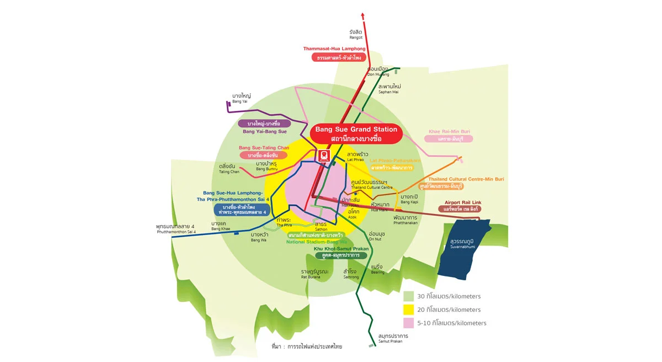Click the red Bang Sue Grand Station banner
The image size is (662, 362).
pos(356,134)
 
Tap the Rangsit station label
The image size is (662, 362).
pos(355,34)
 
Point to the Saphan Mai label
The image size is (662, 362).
pos(389,89)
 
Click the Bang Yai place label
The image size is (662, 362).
pos(241,98)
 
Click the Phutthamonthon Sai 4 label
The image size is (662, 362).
pos(175,229)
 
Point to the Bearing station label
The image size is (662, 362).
pos(377,269)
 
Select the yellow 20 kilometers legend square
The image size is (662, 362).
pos(408,310)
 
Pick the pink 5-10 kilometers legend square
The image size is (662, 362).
pos(408,323)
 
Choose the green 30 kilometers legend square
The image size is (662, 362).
pos(408,296)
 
